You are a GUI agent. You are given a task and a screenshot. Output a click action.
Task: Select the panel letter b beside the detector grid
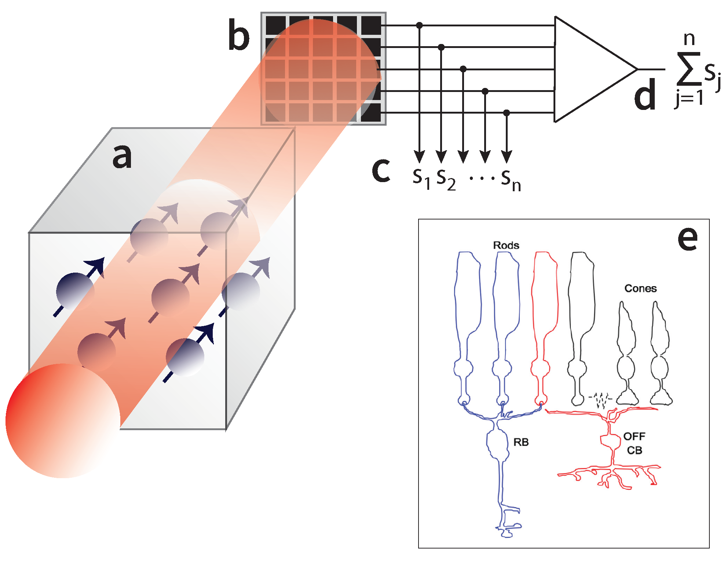coord(238,35)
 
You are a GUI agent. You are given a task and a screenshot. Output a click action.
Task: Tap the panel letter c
coord(381,170)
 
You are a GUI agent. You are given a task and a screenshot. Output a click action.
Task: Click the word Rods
coord(506,245)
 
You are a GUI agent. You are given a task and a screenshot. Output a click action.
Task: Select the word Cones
coord(640,288)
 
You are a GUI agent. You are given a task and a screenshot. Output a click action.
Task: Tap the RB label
coord(521,442)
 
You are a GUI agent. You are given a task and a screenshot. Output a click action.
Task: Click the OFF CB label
coord(634,443)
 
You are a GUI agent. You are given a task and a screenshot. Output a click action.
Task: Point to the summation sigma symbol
coord(688,69)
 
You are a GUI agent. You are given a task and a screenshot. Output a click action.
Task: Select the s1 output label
coord(421,178)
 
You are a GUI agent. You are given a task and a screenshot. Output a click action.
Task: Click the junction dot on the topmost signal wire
coord(420,25)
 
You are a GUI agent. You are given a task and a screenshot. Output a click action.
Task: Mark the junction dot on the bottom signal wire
coord(507,112)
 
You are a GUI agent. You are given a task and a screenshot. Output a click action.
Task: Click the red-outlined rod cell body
coord(545,293)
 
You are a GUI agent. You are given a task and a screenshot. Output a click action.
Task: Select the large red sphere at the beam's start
coord(63,421)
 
